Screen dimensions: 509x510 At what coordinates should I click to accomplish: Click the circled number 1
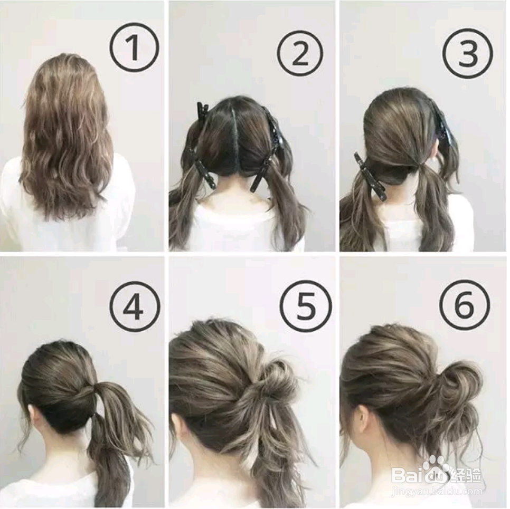pos(134,47)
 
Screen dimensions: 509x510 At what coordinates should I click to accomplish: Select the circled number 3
pos(467,53)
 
